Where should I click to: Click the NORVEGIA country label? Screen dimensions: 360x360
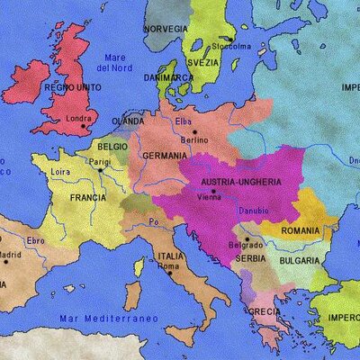pos(166,29)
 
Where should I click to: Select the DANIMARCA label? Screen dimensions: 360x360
pos(168,77)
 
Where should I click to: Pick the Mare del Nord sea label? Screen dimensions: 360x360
pos(115,62)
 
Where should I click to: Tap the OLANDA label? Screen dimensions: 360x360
pos(127,121)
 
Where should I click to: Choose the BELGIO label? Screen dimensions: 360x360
pos(112,146)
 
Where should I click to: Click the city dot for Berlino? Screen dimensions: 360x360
pos(193,131)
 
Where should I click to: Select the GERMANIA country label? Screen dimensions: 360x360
pos(164,156)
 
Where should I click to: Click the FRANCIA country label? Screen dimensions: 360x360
pos(88,196)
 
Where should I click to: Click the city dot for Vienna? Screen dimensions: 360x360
pos(214,191)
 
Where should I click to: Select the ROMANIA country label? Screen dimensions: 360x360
pos(300,230)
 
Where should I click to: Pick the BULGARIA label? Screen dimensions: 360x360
pos(297,260)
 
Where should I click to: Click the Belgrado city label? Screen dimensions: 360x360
pos(247,245)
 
